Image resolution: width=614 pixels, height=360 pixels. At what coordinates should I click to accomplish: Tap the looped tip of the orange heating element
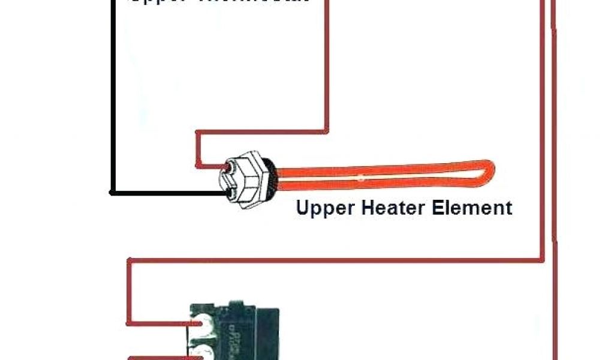[x=489, y=172]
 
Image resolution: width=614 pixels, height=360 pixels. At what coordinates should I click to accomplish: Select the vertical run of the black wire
[x=112, y=96]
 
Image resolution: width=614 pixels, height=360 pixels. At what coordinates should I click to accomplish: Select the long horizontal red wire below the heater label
[x=336, y=260]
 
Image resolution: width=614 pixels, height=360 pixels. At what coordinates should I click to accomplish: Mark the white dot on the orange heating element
[x=360, y=177]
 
